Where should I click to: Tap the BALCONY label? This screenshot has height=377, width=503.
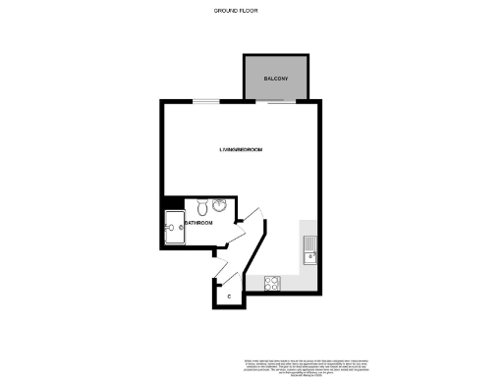pos(273,78)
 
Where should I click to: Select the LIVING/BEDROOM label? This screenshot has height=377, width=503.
pos(241,149)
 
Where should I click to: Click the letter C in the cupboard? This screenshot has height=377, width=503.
pos(230,295)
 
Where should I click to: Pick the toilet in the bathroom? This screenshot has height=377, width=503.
pos(201,207)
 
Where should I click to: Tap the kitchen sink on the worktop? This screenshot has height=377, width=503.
pos(310,257)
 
